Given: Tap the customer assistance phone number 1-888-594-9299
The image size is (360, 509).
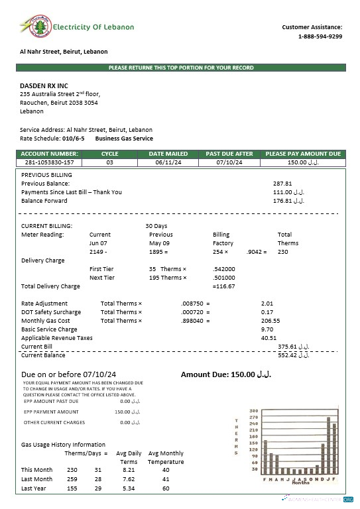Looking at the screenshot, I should click(320, 36).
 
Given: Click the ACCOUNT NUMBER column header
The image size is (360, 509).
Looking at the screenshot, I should click(50, 154).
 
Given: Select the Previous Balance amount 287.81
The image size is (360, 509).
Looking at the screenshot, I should click(282, 183).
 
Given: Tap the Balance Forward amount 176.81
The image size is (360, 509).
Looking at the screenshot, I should click(288, 200).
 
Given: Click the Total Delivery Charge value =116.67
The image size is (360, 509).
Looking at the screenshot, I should click(223, 286).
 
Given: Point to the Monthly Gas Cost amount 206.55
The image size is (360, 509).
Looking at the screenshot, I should click(271, 320).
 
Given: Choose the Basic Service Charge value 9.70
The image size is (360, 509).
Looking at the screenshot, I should click(267, 329).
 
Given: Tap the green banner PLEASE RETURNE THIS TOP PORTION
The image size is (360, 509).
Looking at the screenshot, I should click(180, 68).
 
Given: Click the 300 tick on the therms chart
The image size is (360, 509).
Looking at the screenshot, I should click(253, 411).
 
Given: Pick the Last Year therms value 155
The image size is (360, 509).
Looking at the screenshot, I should click(72, 488).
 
